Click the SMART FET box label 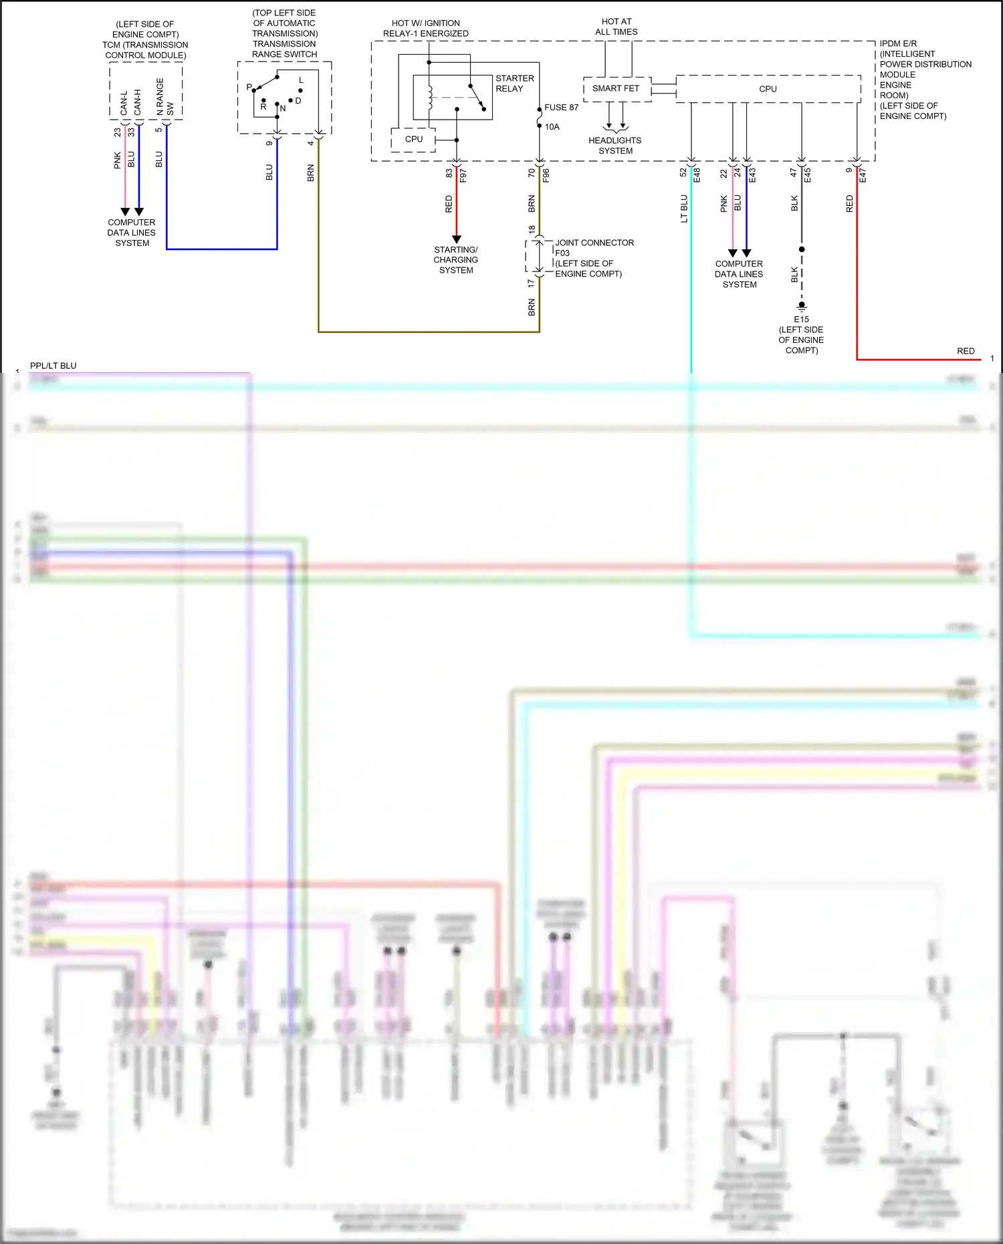(x=615, y=88)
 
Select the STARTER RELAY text (x=514, y=84)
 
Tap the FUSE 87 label (x=561, y=108)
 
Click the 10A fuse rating (x=552, y=127)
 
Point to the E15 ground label (x=801, y=320)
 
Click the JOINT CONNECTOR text (x=594, y=243)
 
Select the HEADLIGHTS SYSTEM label (x=615, y=146)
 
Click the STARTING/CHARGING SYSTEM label (x=456, y=260)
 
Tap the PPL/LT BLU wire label (x=53, y=366)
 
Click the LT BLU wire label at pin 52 (x=684, y=209)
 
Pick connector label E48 (x=697, y=175)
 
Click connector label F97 (x=463, y=175)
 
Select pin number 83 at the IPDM (x=449, y=173)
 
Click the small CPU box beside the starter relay (x=414, y=140)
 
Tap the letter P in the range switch (x=249, y=88)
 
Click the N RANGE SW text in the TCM (x=164, y=98)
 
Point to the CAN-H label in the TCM (x=138, y=102)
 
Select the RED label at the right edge (x=966, y=351)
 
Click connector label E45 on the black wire (x=808, y=175)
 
